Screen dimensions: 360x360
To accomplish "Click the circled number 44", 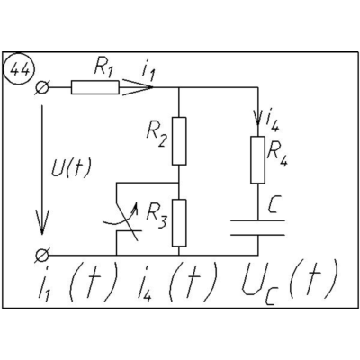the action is [19, 70].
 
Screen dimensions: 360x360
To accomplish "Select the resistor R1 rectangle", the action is [95, 87].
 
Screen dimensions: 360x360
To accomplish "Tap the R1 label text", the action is [103, 67].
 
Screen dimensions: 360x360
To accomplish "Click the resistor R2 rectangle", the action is [179, 141].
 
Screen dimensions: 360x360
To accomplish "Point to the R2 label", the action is [157, 137].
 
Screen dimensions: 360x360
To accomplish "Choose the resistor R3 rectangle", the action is [179, 223].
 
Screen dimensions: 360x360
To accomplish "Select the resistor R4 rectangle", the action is [257, 159].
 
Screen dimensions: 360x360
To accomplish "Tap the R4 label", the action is [277, 154].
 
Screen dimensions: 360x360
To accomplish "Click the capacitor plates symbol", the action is [257, 228].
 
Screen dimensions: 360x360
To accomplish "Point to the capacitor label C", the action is [274, 205].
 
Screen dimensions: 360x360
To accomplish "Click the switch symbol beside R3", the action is [126, 219].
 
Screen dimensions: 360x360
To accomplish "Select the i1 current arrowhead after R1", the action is [137, 87].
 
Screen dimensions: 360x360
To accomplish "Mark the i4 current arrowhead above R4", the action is [257, 119].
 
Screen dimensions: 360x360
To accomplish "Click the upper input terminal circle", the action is [41, 87].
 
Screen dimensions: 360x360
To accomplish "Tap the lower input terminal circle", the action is [41, 256].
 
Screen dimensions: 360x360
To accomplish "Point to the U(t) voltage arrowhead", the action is [42, 222].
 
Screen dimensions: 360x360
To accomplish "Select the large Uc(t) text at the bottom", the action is [290, 282].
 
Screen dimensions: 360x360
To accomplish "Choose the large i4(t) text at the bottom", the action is [177, 282].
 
